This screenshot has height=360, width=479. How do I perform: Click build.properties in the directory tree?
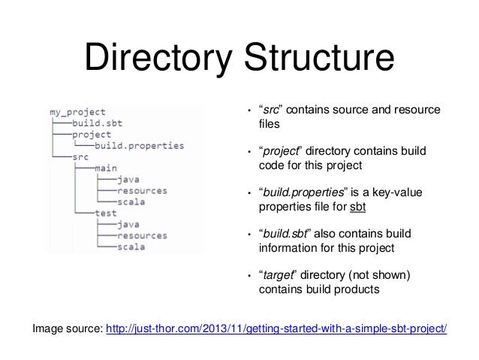pos(139,146)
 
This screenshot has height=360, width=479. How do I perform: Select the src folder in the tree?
pos(81,157)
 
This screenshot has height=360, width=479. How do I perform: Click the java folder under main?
pos(128,180)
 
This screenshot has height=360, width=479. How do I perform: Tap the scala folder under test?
pos(131,246)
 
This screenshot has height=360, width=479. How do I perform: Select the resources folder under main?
pos(143,191)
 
